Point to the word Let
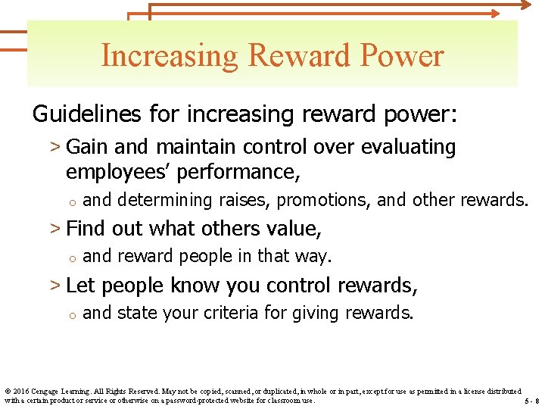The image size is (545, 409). click(81, 286)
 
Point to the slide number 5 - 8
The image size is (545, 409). click(531, 401)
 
